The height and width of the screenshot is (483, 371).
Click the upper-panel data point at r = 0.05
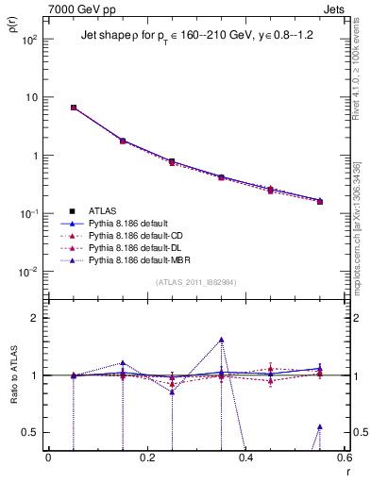(x=73, y=108)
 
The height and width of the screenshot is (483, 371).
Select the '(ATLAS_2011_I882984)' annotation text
(x=195, y=281)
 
